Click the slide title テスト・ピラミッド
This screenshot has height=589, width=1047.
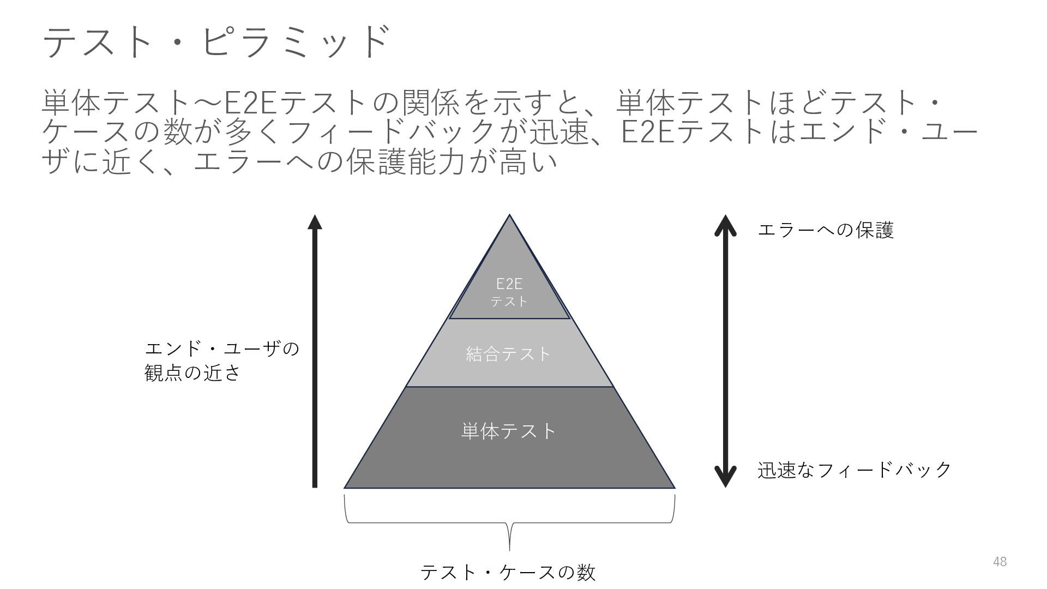tap(216, 41)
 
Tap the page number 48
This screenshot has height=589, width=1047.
tap(1000, 562)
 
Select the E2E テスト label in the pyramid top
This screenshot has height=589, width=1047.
tap(509, 292)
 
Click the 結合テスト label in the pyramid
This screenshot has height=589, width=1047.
tap(509, 354)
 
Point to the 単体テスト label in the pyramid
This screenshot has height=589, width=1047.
tap(509, 431)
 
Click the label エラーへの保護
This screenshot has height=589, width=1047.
tap(826, 230)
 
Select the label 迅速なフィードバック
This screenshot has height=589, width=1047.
tap(855, 470)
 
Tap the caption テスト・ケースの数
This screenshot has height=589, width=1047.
tap(508, 573)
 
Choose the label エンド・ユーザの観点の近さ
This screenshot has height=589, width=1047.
tap(221, 360)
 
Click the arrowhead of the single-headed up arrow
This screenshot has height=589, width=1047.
tap(315, 223)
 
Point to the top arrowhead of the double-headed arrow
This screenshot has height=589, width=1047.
tap(725, 224)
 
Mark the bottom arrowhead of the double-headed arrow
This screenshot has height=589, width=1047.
tap(725, 478)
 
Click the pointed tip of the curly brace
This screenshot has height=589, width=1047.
tap(509, 550)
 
